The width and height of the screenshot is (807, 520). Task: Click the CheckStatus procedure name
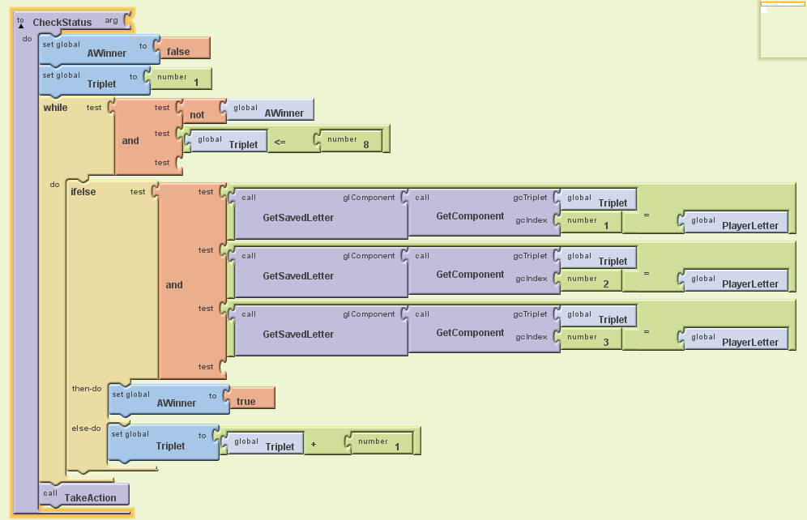point(62,22)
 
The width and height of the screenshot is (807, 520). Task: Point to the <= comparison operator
point(279,141)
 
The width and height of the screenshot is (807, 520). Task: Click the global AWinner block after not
point(271,110)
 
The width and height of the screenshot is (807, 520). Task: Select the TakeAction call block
point(84,495)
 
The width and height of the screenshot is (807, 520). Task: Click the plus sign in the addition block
point(313,443)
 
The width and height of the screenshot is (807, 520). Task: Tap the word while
point(56,107)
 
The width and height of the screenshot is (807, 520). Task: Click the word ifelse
point(83,192)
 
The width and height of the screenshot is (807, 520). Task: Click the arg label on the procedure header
point(111,19)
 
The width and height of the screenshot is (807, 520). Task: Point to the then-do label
point(87,388)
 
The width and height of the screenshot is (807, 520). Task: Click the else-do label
point(86,428)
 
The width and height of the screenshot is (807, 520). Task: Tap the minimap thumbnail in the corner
point(783,29)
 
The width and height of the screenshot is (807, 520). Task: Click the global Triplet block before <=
point(228,141)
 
